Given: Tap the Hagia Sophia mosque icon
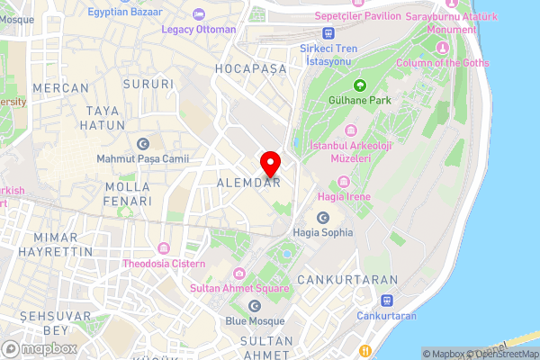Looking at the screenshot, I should tap(323, 218).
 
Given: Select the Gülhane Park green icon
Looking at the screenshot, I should tap(360, 86).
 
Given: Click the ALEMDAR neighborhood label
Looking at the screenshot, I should tap(248, 183).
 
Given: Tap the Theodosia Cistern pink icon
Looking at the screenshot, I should tap(163, 248).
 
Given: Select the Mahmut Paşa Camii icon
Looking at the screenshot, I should tap(142, 145).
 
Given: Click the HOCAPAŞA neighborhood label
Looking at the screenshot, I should tap(251, 69).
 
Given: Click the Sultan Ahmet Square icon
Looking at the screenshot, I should tap(238, 274).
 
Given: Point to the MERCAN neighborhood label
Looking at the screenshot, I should tap(61, 88).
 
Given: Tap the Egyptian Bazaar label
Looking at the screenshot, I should tap(126, 13).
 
